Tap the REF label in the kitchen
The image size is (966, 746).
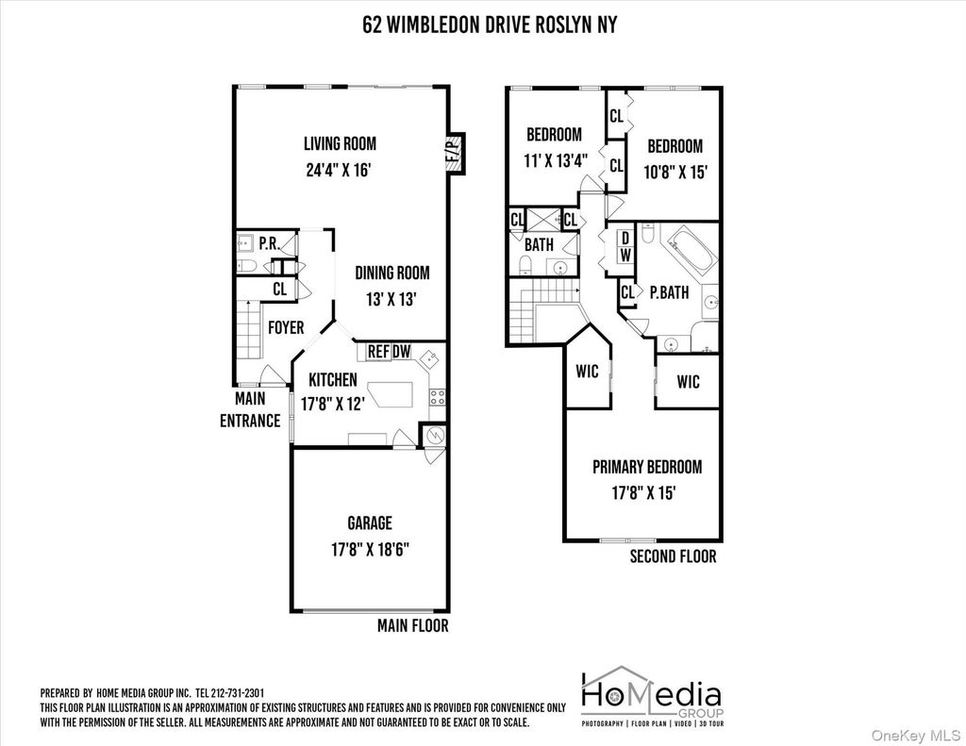378,351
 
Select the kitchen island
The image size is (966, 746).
391,393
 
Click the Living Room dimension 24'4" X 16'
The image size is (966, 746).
339,170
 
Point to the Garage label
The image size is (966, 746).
370,523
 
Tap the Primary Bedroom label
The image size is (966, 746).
647,467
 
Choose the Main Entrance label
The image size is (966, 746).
250,409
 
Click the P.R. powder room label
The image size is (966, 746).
269,244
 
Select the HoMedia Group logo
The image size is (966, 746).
653,697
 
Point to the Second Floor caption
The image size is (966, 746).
673,556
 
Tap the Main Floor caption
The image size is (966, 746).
413,626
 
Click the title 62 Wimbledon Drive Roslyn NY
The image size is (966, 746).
490,25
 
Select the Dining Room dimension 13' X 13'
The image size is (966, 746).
391,300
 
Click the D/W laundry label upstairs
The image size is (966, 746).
625,246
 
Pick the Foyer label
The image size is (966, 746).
286,327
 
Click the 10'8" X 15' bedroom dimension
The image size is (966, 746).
675,172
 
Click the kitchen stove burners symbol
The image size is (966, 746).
438,397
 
